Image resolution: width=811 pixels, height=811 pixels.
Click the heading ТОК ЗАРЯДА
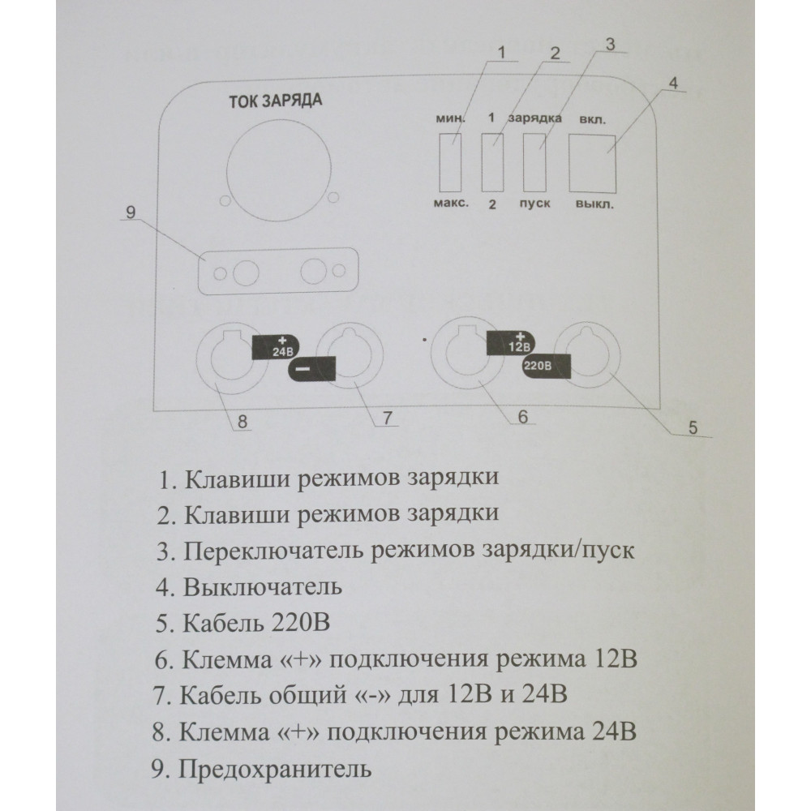tap(275, 101)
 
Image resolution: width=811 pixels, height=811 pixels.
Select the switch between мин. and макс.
tap(450, 162)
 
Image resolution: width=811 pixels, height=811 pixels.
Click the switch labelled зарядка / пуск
tap(534, 162)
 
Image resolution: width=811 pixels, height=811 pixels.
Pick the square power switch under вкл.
tap(592, 164)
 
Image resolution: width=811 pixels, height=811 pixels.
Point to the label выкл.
tap(594, 204)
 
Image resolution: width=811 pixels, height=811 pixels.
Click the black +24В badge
tap(275, 346)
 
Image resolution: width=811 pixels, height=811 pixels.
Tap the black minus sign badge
tap(311, 369)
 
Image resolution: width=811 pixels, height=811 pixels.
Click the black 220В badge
tap(546, 367)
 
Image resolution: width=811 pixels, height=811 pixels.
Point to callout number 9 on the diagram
tap(131, 212)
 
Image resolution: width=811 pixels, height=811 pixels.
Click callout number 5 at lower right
tap(693, 427)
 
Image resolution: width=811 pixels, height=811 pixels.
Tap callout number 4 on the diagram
tap(673, 84)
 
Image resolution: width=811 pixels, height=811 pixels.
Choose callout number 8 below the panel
tap(242, 422)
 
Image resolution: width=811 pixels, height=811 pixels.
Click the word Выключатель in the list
tap(263, 587)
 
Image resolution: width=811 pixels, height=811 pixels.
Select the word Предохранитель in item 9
tap(275, 769)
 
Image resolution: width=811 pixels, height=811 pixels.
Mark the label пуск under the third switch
tap(534, 204)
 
